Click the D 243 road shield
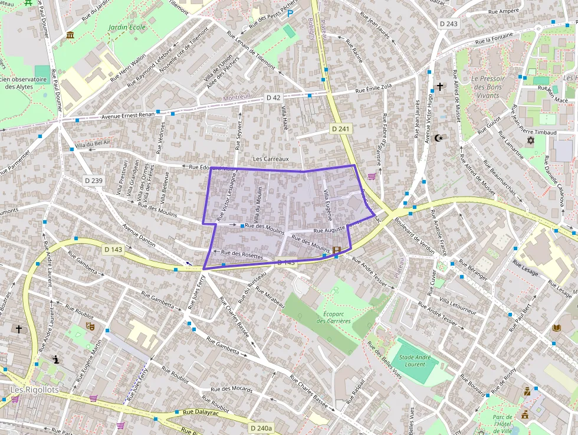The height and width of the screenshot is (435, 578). click(449, 24)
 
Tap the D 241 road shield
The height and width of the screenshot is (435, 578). click(341, 129)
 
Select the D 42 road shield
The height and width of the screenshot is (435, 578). click(273, 97)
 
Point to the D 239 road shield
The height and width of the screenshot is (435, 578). click(93, 180)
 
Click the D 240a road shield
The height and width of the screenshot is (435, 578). click(261, 428)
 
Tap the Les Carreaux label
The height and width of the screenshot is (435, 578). click(271, 159)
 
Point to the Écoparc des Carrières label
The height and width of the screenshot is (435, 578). click(334, 317)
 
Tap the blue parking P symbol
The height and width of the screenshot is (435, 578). click(290, 13)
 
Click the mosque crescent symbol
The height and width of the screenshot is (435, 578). click(438, 138)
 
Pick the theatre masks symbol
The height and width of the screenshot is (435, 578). click(90, 325)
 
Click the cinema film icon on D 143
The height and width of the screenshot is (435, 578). click(336, 250)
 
